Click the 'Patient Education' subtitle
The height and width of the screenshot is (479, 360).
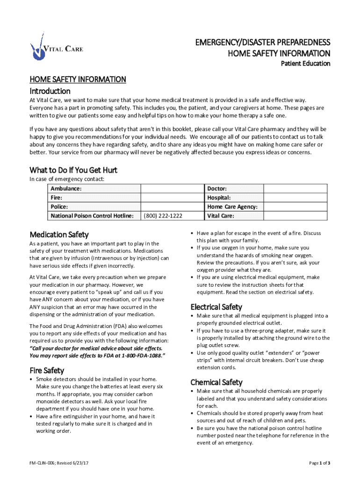pyautogui.click(x=305, y=64)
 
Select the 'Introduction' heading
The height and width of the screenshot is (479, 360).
pyautogui.click(x=50, y=91)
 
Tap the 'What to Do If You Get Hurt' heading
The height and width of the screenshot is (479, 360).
pyautogui.click(x=73, y=169)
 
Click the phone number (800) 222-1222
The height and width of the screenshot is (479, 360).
pyautogui.click(x=163, y=216)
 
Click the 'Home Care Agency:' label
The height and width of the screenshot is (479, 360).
pyautogui.click(x=232, y=207)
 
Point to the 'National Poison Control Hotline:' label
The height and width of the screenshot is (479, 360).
pyautogui.click(x=92, y=216)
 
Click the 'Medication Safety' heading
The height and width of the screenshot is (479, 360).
pyautogui.click(x=59, y=234)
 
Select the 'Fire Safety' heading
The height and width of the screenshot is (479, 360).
pyautogui.click(x=47, y=370)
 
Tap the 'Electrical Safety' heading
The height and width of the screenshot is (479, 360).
pyautogui.click(x=216, y=307)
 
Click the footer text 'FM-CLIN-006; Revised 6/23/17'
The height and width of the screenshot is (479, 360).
pyautogui.click(x=59, y=463)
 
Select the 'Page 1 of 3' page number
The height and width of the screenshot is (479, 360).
pyautogui.click(x=320, y=463)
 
